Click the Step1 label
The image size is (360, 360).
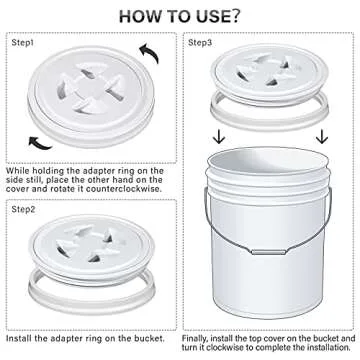[24, 43]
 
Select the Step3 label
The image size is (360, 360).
[201, 43]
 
